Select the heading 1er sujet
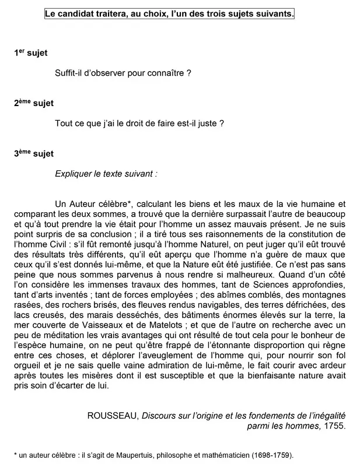pyautogui.click(x=31, y=53)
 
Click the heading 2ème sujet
pyautogui.click(x=34, y=103)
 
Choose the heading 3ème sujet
pyautogui.click(x=34, y=153)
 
